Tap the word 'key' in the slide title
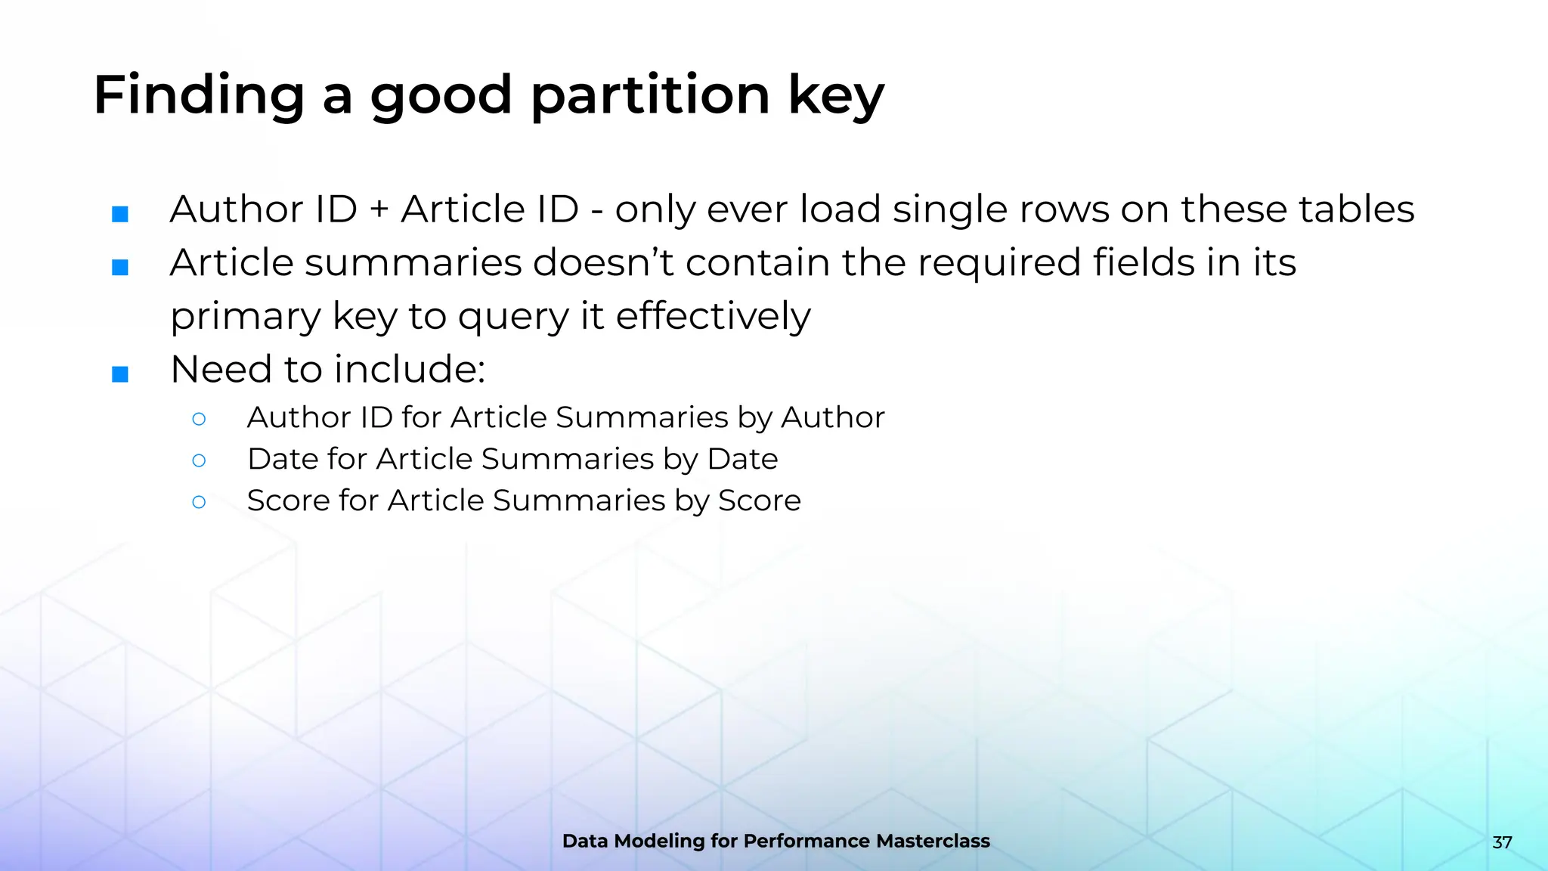(836, 96)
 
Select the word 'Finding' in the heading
(199, 96)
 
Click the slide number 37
(1502, 842)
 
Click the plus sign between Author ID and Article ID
(379, 210)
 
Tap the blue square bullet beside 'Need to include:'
(120, 374)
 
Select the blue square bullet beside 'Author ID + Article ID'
(120, 214)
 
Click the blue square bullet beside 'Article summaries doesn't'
(120, 267)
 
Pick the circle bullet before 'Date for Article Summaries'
(199, 460)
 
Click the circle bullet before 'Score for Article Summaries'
(199, 501)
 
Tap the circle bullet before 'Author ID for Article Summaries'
(199, 418)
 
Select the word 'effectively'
(713, 316)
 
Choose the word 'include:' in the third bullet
(410, 369)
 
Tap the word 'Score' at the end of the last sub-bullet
(759, 501)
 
